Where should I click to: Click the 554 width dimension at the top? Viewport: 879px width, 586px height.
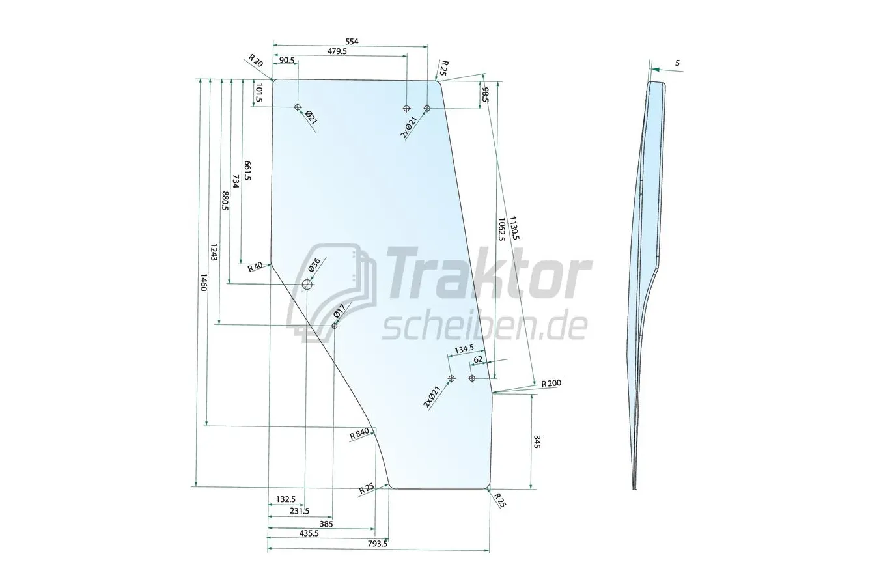point(352,42)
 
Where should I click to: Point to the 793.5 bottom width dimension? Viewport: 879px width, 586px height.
point(377,544)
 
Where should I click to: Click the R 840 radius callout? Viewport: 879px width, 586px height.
point(359,434)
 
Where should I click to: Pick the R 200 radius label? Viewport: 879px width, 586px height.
point(551,384)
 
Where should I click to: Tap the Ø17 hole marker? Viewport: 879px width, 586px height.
point(335,326)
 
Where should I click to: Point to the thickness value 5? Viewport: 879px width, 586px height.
point(677,63)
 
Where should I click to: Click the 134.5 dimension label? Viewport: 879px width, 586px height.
point(464,350)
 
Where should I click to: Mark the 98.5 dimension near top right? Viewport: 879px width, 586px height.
point(485,95)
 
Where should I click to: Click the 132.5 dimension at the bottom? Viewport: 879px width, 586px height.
point(285,499)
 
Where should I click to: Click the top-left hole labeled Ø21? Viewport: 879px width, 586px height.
point(298,107)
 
